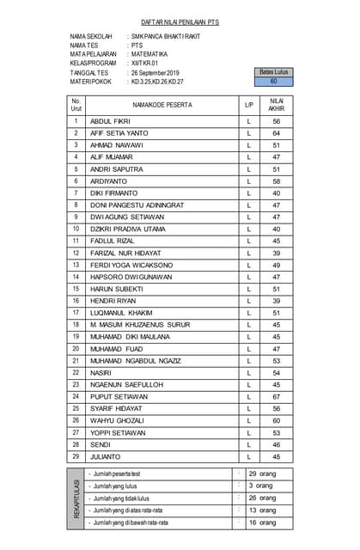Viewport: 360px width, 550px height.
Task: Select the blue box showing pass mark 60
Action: (x=273, y=82)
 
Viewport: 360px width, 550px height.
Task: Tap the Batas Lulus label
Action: (x=273, y=72)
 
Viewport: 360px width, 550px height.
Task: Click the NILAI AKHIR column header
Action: (x=276, y=105)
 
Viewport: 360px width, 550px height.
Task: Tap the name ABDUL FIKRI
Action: (x=110, y=122)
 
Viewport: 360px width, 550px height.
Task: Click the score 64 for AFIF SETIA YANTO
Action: (x=276, y=133)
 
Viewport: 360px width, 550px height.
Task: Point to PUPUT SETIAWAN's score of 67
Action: (x=276, y=397)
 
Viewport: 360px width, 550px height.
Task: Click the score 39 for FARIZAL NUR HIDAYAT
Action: (x=276, y=254)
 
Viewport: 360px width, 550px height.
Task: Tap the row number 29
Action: (x=76, y=456)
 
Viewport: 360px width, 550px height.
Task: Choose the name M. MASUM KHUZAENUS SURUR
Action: (x=140, y=325)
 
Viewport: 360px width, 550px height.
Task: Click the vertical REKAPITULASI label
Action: (x=76, y=498)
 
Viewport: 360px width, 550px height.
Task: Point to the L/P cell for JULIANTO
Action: (x=248, y=456)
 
